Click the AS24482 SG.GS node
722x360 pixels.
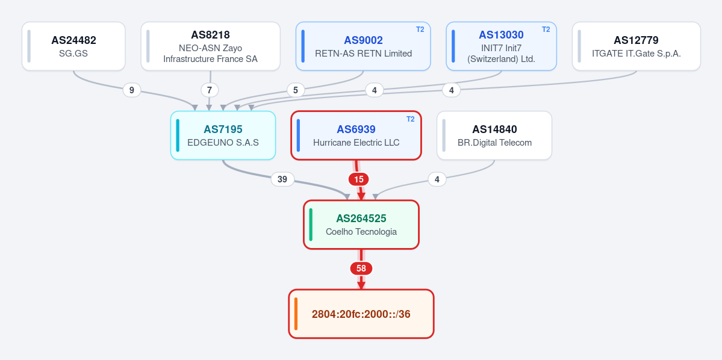(x=73, y=46)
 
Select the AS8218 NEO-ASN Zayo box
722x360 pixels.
(x=210, y=46)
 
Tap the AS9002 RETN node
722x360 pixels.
(x=363, y=46)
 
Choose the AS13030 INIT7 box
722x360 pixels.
(x=502, y=46)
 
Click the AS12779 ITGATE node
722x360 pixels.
(x=636, y=46)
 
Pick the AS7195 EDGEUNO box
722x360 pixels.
(x=223, y=135)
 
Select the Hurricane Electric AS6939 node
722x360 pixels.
(x=356, y=135)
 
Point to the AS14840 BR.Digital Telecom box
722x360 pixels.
(x=494, y=135)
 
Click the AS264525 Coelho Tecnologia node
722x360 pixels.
(x=361, y=225)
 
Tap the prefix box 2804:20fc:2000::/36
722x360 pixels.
(x=361, y=314)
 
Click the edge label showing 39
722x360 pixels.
(x=282, y=179)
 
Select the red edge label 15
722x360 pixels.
(x=359, y=179)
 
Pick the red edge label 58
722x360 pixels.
(x=361, y=268)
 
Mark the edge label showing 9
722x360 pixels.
(x=132, y=90)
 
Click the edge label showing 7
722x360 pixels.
(x=210, y=90)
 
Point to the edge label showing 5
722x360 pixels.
(x=296, y=90)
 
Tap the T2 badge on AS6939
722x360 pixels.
(x=410, y=119)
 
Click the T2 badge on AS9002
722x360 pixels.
(x=420, y=29)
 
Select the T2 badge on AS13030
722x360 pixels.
(x=546, y=29)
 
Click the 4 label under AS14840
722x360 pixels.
(x=437, y=179)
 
